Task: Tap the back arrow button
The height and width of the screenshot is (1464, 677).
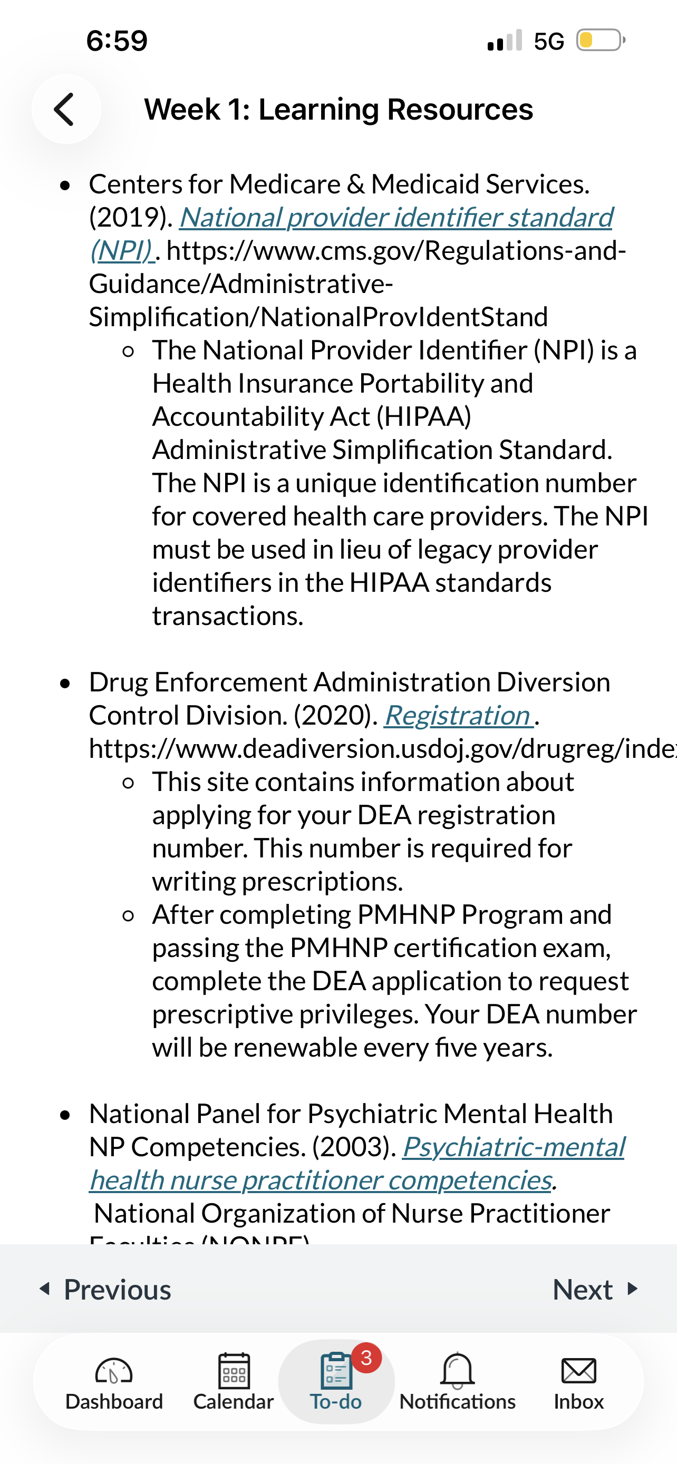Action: [x=65, y=109]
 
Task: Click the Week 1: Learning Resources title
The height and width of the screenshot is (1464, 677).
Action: [x=338, y=109]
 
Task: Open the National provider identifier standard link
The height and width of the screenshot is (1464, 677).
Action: [x=395, y=217]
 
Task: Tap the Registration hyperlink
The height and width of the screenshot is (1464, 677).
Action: [x=458, y=715]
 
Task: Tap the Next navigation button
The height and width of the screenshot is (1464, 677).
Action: [x=594, y=1289]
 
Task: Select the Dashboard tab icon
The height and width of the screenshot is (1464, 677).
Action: [x=114, y=1371]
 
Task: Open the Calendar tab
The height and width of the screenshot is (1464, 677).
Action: [x=234, y=1371]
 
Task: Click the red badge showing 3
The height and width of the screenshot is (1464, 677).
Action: [x=366, y=1358]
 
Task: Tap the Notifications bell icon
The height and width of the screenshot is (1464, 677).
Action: [x=457, y=1370]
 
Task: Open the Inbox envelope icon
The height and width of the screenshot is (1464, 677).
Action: [x=578, y=1371]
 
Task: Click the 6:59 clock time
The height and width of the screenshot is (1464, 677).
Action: [x=117, y=41]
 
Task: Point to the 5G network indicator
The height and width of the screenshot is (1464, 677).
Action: [x=548, y=41]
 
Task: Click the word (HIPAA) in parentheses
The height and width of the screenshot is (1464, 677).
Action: [x=424, y=416]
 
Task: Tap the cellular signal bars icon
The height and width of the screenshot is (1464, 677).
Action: [x=505, y=41]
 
